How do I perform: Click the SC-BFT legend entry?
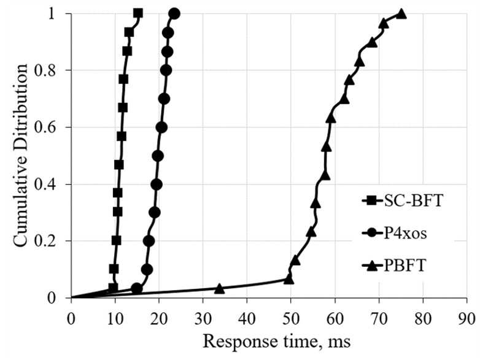coord(403,201)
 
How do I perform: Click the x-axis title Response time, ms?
coord(277,341)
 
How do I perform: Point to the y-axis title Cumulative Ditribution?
coord(20,155)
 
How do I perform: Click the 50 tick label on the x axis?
coord(291,319)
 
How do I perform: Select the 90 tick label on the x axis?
coord(467,319)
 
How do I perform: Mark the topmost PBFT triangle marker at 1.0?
coord(401,13)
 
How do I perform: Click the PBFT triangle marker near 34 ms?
coord(219,288)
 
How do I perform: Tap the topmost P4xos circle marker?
coord(174,13)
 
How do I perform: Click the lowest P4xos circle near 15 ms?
coord(137,288)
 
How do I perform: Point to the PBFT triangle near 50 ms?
coord(288,279)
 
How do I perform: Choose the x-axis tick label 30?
coord(203,319)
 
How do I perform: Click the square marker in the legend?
coord(371,201)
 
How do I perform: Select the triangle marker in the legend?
coord(371,265)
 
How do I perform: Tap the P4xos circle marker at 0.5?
coord(158,156)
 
